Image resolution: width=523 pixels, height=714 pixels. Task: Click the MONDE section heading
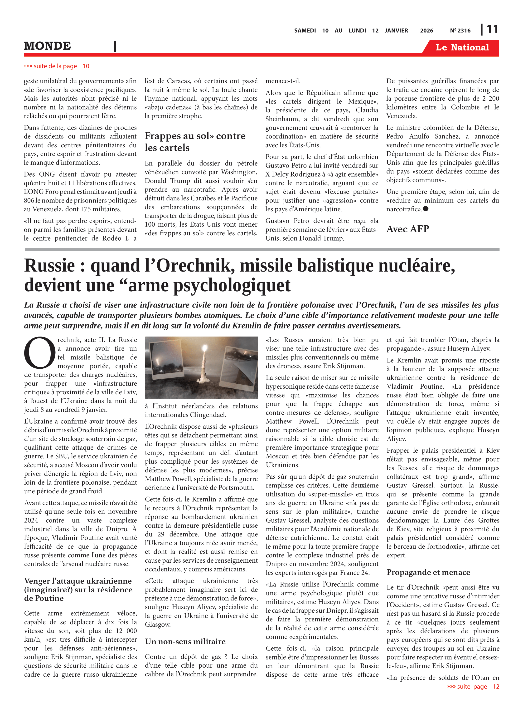(x=48, y=46)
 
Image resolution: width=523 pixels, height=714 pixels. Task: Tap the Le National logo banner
(x=462, y=48)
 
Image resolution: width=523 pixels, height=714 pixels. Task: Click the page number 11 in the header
(x=492, y=29)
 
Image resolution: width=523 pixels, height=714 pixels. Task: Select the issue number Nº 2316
(x=460, y=31)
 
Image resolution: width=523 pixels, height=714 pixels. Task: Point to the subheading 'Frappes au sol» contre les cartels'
(x=195, y=142)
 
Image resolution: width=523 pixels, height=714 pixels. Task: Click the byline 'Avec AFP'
(x=407, y=229)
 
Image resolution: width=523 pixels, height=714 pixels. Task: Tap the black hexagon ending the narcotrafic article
(x=426, y=209)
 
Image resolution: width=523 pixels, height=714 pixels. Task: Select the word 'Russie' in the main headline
(x=50, y=265)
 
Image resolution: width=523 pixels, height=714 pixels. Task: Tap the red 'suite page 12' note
(x=473, y=686)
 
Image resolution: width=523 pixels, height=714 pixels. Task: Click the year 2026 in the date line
(x=426, y=31)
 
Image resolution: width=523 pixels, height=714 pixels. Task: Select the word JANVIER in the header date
(x=396, y=31)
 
